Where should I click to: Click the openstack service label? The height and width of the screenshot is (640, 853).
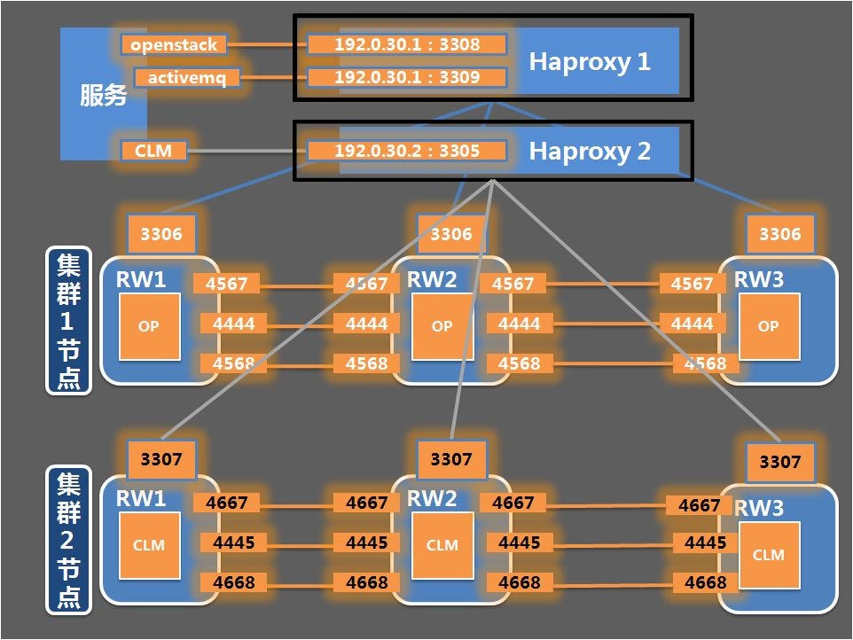[174, 44]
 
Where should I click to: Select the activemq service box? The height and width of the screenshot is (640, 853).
[186, 77]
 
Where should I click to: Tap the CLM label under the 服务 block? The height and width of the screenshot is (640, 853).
[153, 151]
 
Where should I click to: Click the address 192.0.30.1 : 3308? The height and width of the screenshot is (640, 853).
[407, 44]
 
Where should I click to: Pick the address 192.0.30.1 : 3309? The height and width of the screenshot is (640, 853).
[407, 77]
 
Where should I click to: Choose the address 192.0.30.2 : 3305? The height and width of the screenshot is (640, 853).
[407, 151]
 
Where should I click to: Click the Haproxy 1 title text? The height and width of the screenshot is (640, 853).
[590, 61]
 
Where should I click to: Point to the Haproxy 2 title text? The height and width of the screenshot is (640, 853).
[590, 152]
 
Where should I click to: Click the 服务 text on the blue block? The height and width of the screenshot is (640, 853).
[104, 95]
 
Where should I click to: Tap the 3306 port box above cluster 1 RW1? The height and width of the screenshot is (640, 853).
[161, 234]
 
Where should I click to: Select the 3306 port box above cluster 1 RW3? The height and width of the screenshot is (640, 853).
[780, 234]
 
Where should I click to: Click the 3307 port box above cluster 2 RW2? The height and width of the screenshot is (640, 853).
[451, 459]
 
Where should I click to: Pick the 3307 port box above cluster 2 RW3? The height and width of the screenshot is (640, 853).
[780, 462]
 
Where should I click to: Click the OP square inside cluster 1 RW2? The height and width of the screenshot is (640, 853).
[442, 326]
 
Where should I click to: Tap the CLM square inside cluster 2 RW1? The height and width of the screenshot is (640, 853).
[149, 545]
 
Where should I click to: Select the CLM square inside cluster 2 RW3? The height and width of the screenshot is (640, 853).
[769, 555]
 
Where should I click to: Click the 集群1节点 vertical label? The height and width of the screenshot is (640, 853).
[68, 320]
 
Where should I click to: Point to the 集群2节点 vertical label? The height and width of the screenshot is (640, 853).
[68, 540]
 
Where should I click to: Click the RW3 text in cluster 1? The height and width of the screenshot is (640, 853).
[759, 279]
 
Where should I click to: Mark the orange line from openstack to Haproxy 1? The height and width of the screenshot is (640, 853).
[267, 44]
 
